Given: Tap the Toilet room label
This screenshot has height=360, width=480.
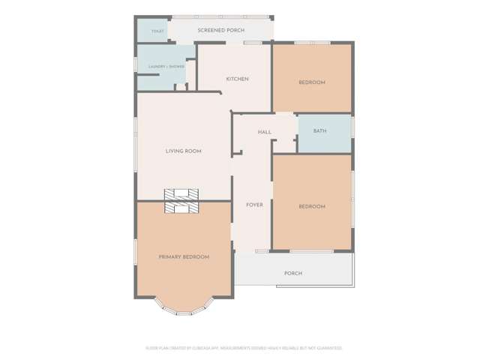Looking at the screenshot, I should [157, 31].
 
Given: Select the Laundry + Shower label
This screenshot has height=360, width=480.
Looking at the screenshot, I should [166, 67].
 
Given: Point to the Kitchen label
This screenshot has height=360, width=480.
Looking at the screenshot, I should [237, 79].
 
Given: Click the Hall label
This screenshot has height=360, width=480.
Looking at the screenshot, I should [264, 132].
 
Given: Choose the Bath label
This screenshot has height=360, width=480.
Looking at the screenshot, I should [319, 131].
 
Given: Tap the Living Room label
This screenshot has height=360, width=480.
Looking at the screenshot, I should [184, 151].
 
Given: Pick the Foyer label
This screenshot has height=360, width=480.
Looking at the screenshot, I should [254, 205].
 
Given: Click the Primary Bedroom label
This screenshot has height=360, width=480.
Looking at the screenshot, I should [184, 257].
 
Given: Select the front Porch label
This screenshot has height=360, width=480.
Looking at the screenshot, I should [293, 274].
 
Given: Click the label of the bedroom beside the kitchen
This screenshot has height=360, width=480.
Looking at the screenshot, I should [312, 82].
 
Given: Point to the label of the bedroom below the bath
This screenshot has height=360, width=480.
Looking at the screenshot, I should [312, 207].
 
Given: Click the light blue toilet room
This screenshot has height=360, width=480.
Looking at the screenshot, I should [152, 30].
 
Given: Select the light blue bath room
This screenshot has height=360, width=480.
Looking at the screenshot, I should [325, 135].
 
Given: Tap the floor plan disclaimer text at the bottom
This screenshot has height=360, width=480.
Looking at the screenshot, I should [244, 348].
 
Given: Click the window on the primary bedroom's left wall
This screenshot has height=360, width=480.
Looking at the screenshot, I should [136, 252].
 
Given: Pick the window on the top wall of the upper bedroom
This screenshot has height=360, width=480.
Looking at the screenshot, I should [312, 43].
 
